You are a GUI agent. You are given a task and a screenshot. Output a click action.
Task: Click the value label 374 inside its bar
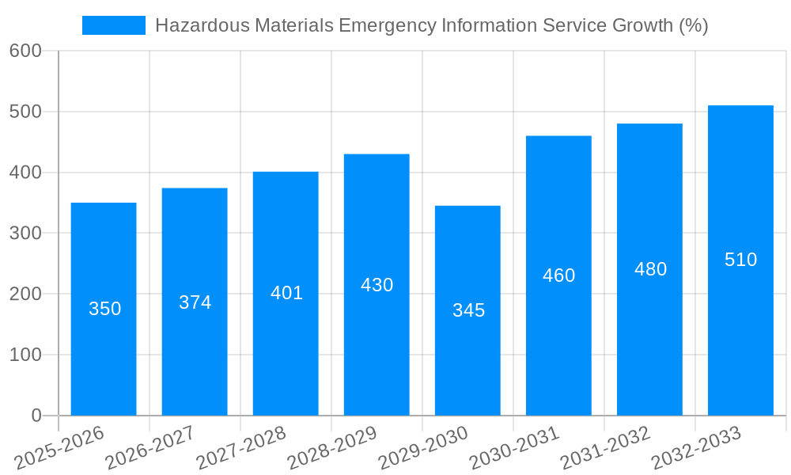click(x=195, y=302)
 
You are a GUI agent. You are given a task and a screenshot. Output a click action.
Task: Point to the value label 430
click(x=377, y=285)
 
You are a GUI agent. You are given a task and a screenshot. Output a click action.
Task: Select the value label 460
click(x=558, y=275)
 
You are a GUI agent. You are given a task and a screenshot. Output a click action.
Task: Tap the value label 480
click(x=650, y=269)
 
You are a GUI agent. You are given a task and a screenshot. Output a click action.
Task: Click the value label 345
click(x=468, y=310)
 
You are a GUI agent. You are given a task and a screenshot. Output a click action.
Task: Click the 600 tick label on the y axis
click(x=25, y=51)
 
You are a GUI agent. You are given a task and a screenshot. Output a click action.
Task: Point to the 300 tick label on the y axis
click(x=25, y=234)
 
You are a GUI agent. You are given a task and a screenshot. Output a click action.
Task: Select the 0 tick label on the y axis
click(x=36, y=416)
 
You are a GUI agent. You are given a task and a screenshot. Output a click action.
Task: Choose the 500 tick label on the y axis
click(x=25, y=112)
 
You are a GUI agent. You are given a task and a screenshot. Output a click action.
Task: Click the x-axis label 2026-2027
click(x=149, y=448)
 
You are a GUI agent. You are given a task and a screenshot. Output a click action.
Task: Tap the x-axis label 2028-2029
click(x=331, y=448)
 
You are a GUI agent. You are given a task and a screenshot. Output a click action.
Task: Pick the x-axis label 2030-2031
click(x=513, y=448)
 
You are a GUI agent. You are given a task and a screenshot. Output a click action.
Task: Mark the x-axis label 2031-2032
click(x=604, y=448)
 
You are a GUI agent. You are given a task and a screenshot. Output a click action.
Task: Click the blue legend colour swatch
click(x=114, y=25)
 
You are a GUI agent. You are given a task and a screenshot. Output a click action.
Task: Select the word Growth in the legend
click(x=644, y=25)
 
